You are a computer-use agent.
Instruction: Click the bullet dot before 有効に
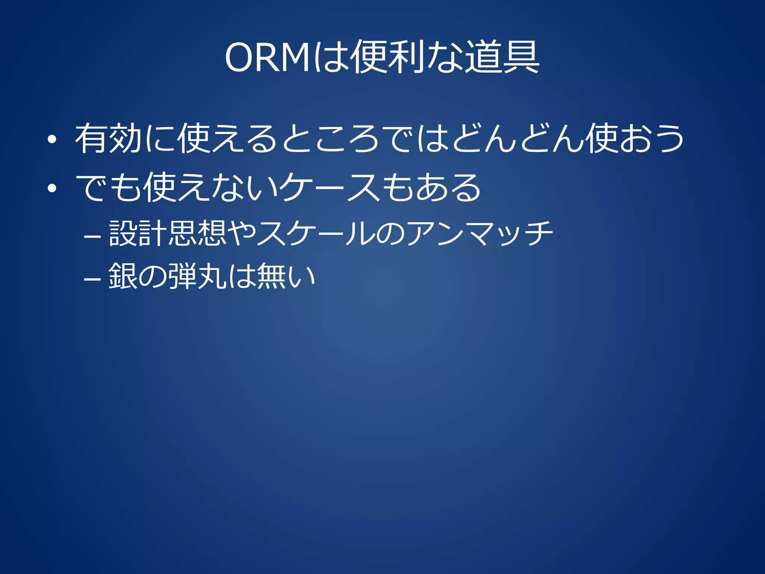click(52, 140)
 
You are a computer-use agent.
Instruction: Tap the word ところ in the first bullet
click(330, 139)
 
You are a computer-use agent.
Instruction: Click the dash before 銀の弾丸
click(92, 280)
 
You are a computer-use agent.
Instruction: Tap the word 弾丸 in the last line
click(197, 276)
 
